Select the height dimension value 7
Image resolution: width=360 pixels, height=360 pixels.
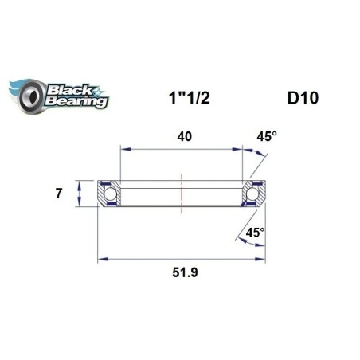pyautogui.click(x=58, y=193)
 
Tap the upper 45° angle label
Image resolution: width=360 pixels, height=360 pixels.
pyautogui.click(x=268, y=136)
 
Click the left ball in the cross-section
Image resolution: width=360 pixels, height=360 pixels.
pyautogui.click(x=110, y=193)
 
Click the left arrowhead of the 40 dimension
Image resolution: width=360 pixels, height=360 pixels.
pyautogui.click(x=123, y=147)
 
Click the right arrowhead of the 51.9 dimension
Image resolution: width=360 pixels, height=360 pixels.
pyautogui.click(x=262, y=258)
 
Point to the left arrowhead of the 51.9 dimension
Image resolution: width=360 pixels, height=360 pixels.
pyautogui.click(x=102, y=258)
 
